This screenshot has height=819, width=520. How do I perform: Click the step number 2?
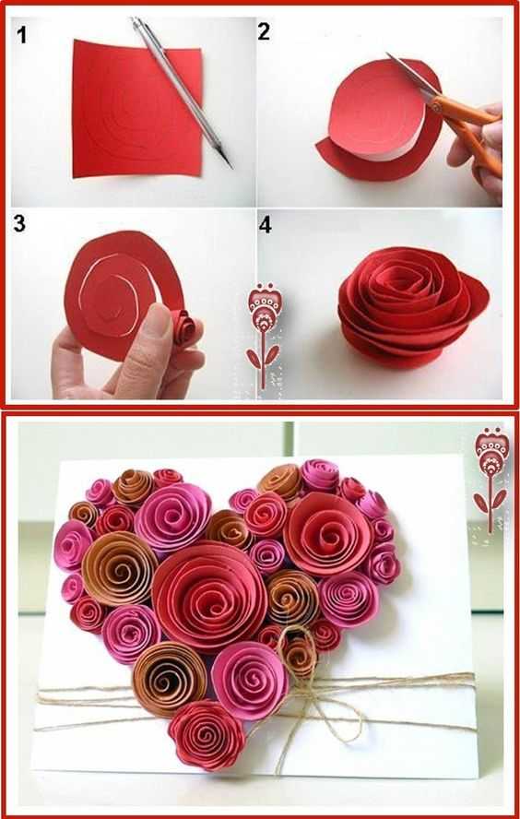pyautogui.click(x=264, y=32)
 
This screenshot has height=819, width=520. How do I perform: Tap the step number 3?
pyautogui.click(x=19, y=223)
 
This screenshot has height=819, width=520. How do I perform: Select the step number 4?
pyautogui.click(x=266, y=225)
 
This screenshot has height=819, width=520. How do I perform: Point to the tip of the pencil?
pyautogui.click(x=230, y=166)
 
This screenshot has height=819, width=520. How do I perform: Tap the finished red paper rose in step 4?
pyautogui.click(x=412, y=308)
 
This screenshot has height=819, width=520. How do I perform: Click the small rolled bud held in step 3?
pyautogui.click(x=183, y=326)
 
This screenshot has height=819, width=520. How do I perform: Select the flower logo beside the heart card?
pyautogui.click(x=490, y=479)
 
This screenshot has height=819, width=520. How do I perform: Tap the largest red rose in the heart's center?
pyautogui.click(x=209, y=596)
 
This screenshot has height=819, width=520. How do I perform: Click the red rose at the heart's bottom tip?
pyautogui.click(x=207, y=735)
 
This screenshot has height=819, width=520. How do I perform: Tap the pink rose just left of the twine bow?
pyautogui.click(x=250, y=680)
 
